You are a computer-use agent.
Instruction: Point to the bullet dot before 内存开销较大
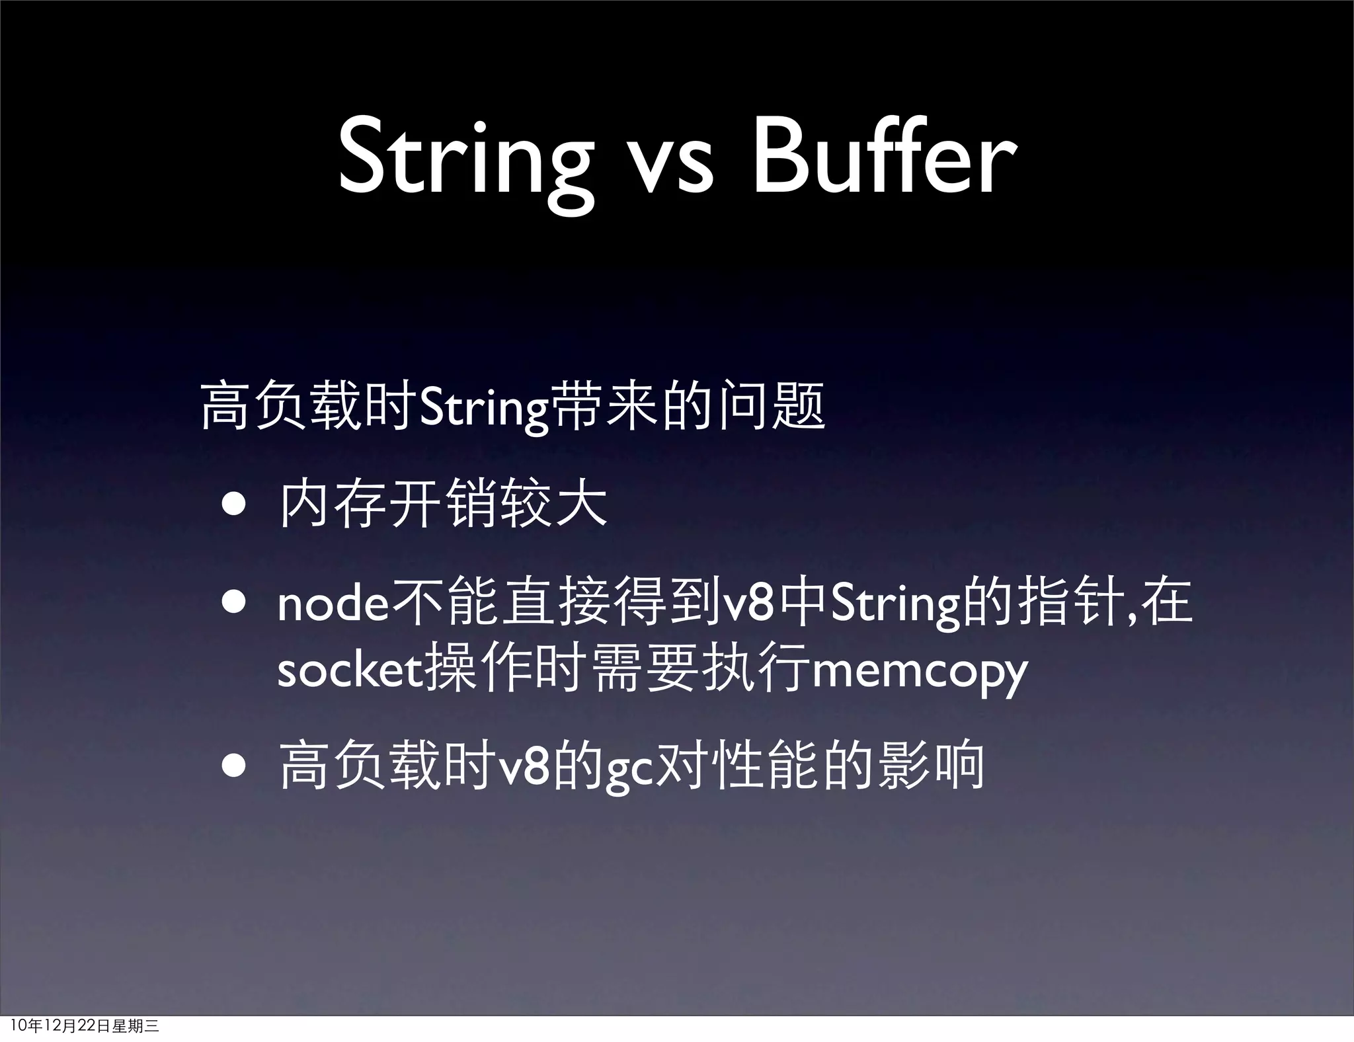point(235,506)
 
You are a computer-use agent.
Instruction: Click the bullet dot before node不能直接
point(235,603)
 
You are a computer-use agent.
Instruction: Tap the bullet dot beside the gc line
point(235,766)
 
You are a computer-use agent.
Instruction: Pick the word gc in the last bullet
point(630,770)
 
